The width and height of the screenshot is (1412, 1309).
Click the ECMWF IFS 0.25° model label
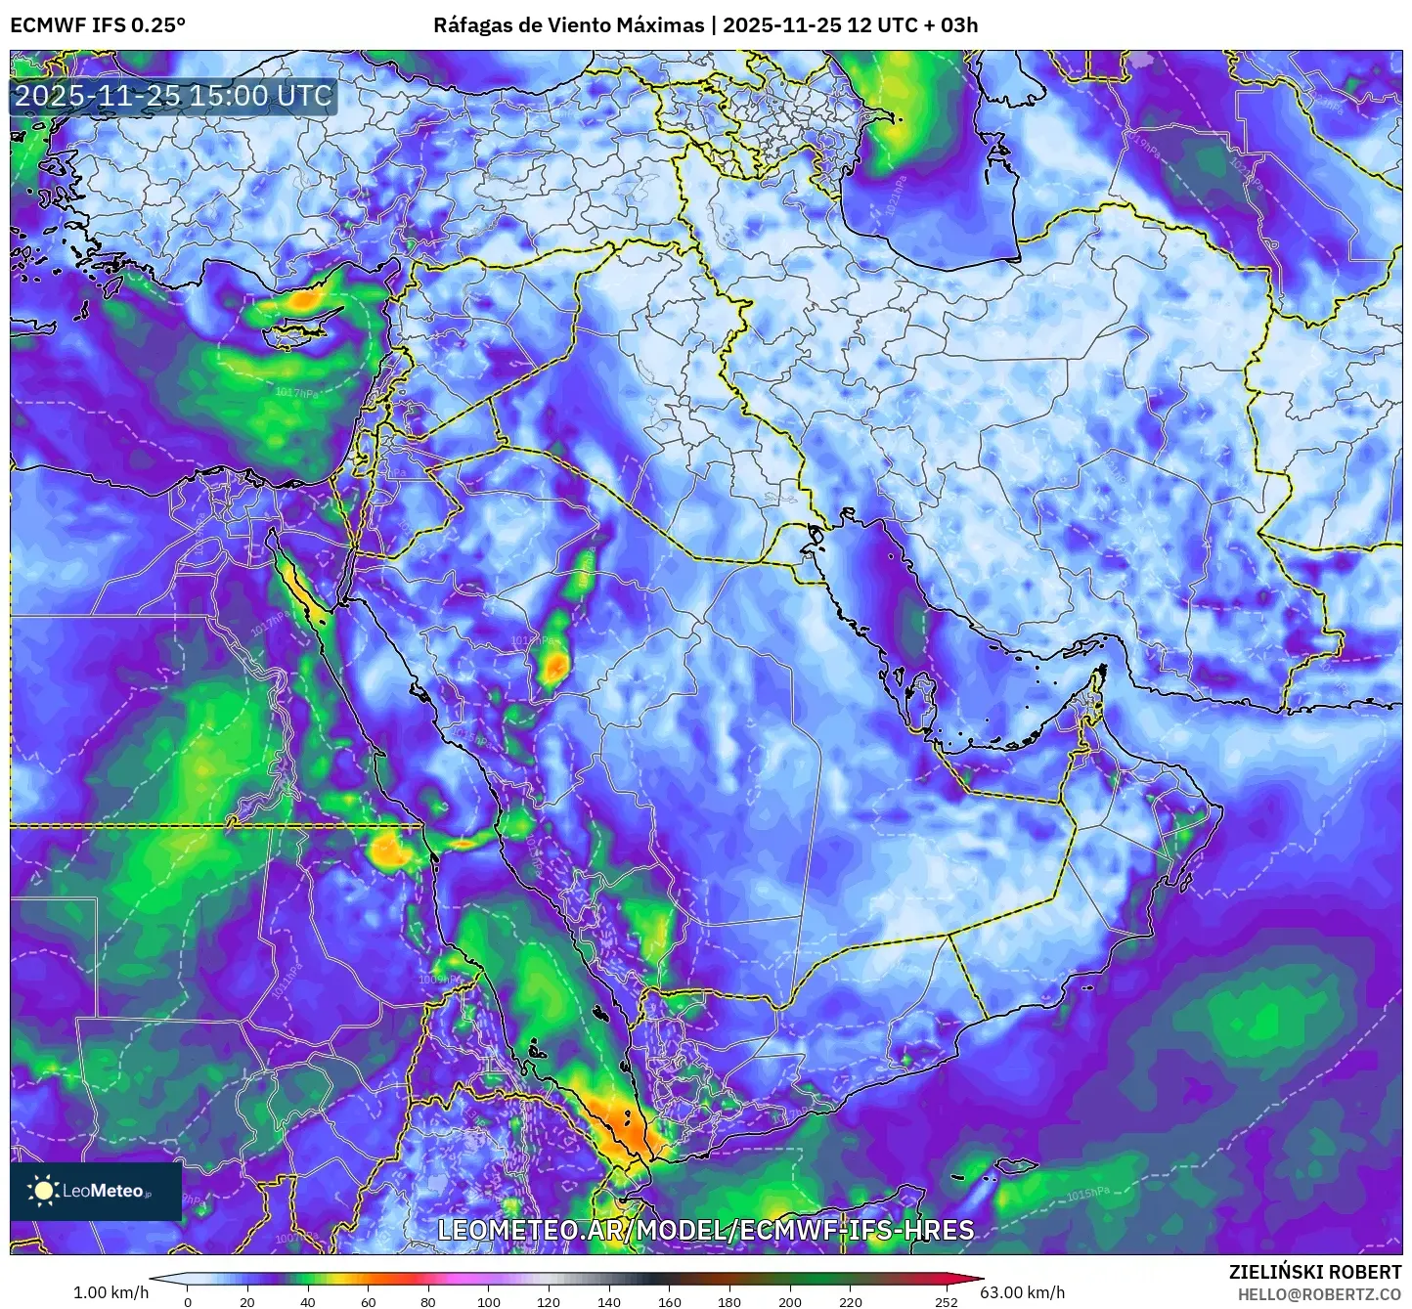[x=98, y=24]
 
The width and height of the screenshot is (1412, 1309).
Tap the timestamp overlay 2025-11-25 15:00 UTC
[x=173, y=96]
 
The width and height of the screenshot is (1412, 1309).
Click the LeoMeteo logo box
[x=96, y=1191]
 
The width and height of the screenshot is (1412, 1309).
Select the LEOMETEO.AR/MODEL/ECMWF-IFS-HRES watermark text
[x=705, y=1229]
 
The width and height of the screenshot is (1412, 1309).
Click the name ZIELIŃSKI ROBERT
[x=1315, y=1272]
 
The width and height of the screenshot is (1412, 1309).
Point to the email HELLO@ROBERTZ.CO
[x=1319, y=1293]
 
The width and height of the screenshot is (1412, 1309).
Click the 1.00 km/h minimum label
[x=110, y=1292]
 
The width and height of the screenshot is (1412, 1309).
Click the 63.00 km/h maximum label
[x=1023, y=1292]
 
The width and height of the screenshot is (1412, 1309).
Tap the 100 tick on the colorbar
[x=489, y=1301]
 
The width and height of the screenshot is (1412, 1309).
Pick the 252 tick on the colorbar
[x=946, y=1301]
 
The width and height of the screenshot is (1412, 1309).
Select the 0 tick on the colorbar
[x=188, y=1301]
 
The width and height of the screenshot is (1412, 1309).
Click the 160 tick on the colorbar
[x=670, y=1301]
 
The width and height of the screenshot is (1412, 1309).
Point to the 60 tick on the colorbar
[x=369, y=1301]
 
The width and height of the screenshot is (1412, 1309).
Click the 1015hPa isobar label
[x=1087, y=1194]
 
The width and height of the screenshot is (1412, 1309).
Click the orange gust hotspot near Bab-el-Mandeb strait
[x=627, y=1129]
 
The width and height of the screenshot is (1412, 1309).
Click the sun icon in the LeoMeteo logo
[x=43, y=1191]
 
